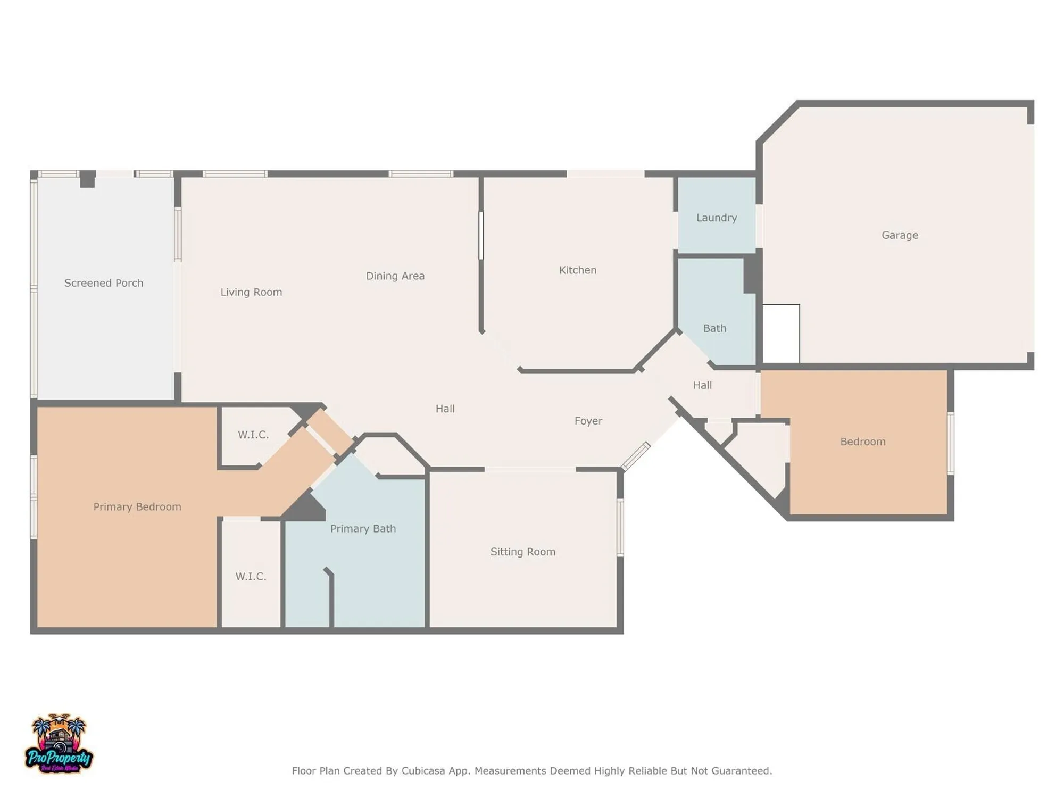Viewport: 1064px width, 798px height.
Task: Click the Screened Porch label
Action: coord(104,283)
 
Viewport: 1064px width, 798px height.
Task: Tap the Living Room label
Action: coord(251,292)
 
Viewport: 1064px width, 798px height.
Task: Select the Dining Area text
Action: coord(395,276)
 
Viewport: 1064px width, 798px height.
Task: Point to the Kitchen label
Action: coord(577,270)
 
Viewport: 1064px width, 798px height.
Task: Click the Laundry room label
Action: coord(716,218)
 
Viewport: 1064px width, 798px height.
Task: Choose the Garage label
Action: coord(899,235)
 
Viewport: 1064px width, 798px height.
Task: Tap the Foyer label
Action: coord(588,421)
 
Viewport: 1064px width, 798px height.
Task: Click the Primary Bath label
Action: coord(363,528)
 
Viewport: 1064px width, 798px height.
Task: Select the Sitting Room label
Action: coord(522,552)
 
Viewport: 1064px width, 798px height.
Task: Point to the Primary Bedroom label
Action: coord(137,506)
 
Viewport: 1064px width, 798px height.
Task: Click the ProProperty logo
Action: coord(59,745)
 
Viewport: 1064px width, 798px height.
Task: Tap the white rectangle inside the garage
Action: coord(781,334)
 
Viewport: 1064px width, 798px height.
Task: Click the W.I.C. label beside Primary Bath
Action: coord(251,576)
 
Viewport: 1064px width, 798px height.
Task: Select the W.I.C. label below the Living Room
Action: coord(253,435)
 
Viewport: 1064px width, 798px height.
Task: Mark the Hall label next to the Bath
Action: coord(702,385)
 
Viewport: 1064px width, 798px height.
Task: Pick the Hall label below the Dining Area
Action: coord(445,409)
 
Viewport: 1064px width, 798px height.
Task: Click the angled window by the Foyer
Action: coord(636,456)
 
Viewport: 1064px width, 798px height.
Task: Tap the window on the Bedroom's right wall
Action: coord(950,443)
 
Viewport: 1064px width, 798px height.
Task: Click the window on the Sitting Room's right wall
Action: coord(620,527)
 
